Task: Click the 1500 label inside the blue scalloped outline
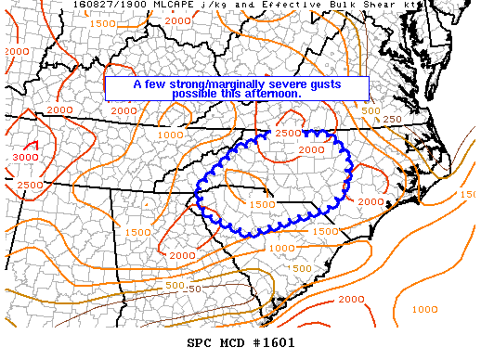(263, 203)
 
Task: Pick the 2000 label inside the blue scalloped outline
(312, 149)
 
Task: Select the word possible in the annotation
(197, 95)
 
